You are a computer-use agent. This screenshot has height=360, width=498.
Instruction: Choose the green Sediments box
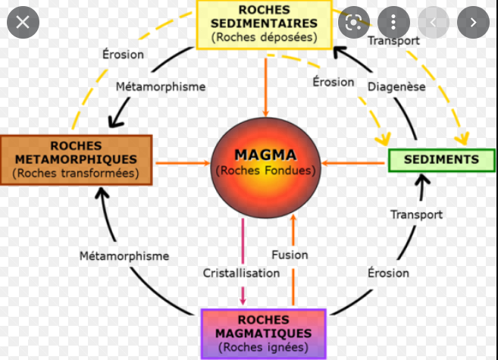click(435, 160)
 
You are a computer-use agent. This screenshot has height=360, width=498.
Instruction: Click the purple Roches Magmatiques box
click(263, 333)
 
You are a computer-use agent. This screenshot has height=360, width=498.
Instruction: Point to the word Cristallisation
click(241, 273)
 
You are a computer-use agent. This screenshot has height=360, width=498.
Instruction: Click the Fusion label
click(289, 255)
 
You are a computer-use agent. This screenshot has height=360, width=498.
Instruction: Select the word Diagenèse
click(396, 86)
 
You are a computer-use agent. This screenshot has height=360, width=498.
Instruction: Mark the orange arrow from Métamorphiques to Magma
click(182, 161)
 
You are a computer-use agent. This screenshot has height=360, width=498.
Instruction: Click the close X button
click(23, 22)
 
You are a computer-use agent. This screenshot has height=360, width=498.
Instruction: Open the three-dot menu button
click(393, 22)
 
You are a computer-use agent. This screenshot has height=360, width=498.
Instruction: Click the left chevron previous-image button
click(433, 22)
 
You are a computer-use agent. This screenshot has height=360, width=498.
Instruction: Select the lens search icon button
click(353, 22)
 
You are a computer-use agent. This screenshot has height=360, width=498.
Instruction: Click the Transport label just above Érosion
click(416, 214)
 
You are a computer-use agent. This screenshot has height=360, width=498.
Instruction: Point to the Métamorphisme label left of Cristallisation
click(124, 256)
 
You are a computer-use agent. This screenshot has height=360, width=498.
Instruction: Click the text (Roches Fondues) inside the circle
click(265, 171)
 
